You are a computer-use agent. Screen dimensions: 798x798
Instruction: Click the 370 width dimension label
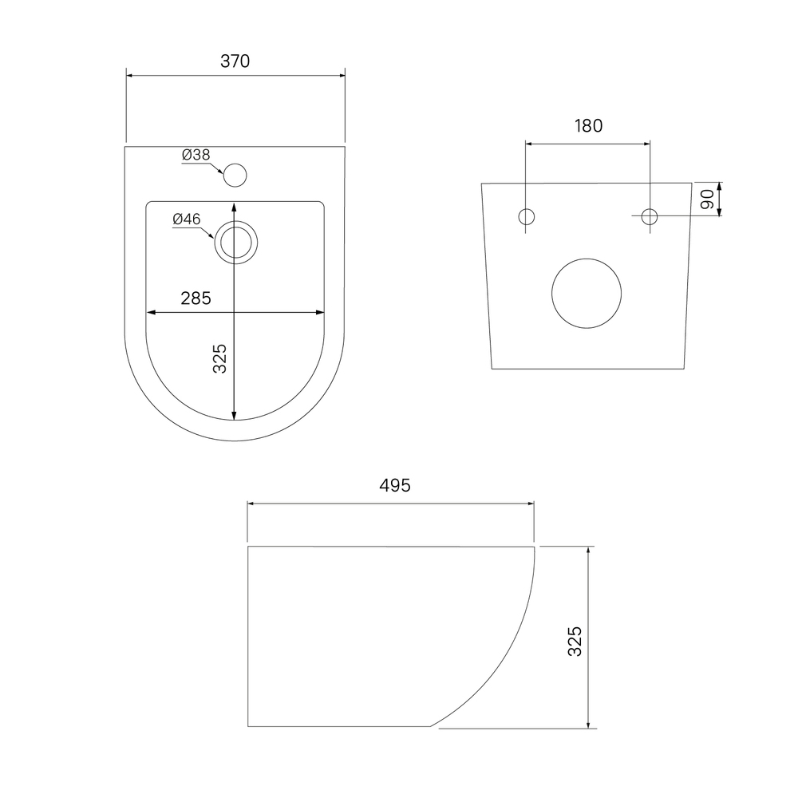click(235, 61)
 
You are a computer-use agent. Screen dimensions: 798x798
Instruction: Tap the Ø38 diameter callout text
click(196, 155)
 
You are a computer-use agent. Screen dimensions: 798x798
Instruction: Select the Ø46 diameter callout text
click(187, 219)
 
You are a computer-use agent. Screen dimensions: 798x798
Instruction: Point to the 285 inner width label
click(196, 298)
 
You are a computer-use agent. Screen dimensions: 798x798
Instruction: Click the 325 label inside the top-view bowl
click(219, 359)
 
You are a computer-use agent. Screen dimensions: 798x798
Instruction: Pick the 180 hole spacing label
click(588, 126)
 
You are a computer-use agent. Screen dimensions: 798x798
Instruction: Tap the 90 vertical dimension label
click(707, 199)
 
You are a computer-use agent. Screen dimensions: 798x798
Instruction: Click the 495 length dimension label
click(395, 485)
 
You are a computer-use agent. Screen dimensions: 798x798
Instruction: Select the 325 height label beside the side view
click(575, 642)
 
